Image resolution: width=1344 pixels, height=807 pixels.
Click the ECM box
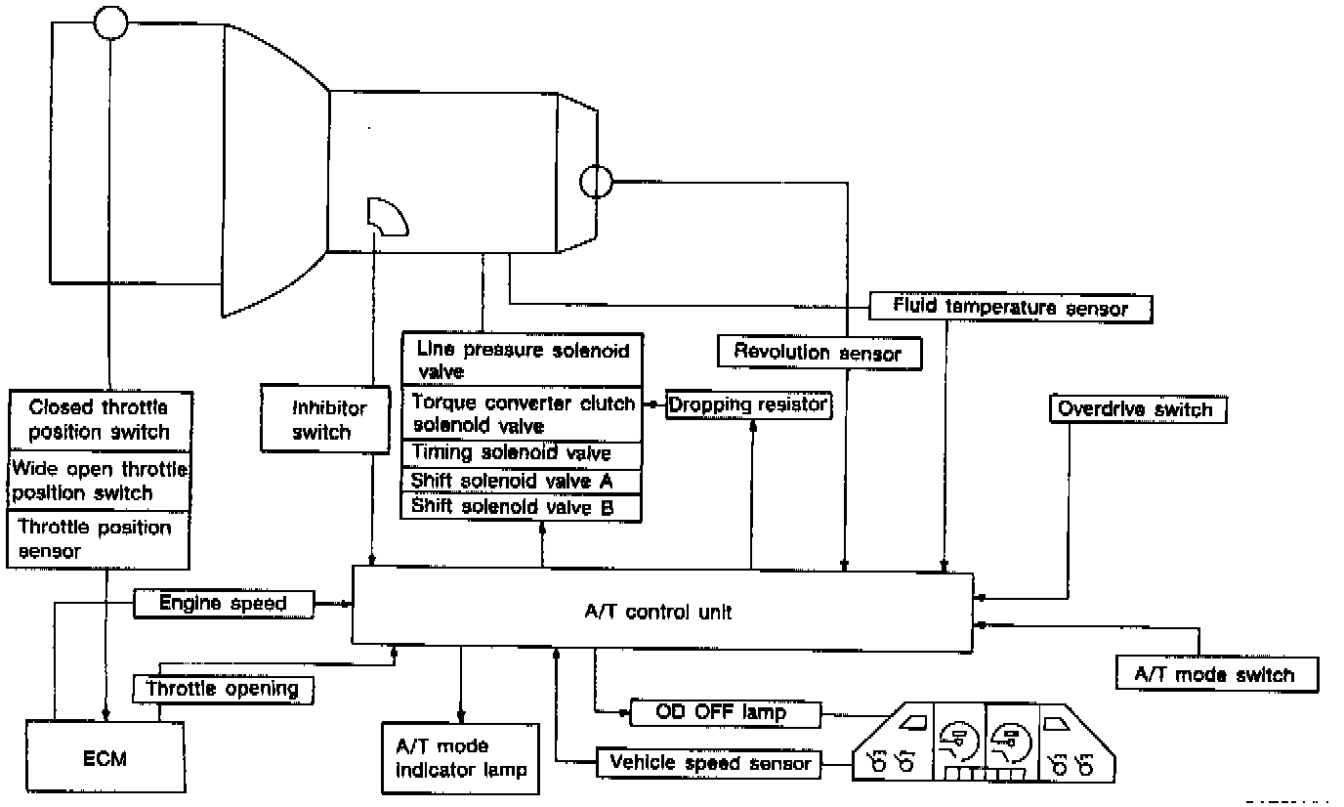coord(105,756)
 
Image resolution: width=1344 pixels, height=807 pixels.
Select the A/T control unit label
coord(658,612)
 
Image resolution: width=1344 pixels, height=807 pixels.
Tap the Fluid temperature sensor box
coord(1010,309)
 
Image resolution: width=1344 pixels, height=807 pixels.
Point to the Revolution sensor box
coord(819,352)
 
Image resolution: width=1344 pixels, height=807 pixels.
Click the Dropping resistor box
coord(748,405)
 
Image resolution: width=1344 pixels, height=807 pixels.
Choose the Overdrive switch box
coord(1138,409)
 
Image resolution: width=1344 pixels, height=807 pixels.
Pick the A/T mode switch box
coord(1217,674)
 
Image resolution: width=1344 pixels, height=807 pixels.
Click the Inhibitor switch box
coord(325,419)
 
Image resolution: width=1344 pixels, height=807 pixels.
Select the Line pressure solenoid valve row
coord(522,360)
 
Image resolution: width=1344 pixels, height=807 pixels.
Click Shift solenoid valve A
coord(522,482)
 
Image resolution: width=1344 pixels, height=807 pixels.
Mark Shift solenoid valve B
coord(522,508)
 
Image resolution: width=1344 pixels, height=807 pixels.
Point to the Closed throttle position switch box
coord(101,421)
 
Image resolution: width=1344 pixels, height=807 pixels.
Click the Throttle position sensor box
coord(99,539)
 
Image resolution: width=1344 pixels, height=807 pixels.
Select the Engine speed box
coord(224,604)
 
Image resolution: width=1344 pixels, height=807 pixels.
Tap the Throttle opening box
coord(223,689)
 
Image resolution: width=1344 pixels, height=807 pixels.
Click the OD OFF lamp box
coord(725,713)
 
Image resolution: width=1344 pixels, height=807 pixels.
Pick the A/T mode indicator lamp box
coord(461,758)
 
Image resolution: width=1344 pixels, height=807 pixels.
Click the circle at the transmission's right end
coord(597,181)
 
